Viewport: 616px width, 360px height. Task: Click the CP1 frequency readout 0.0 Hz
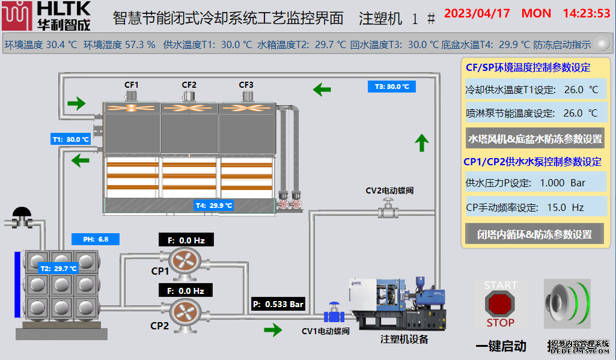tap(186, 240)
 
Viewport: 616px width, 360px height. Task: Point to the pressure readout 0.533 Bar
tap(278, 304)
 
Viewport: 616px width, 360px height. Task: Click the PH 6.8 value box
tap(96, 239)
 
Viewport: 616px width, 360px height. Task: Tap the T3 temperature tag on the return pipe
tap(391, 87)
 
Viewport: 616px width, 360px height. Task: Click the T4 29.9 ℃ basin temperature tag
tap(214, 206)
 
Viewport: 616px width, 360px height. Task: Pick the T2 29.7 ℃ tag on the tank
tap(58, 269)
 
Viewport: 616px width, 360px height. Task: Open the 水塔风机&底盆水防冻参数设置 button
tap(535, 139)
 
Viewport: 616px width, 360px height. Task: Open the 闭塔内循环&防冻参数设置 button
tap(535, 234)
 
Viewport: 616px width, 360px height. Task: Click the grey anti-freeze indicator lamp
tap(601, 44)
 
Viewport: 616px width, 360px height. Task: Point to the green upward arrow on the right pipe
tap(422, 142)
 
